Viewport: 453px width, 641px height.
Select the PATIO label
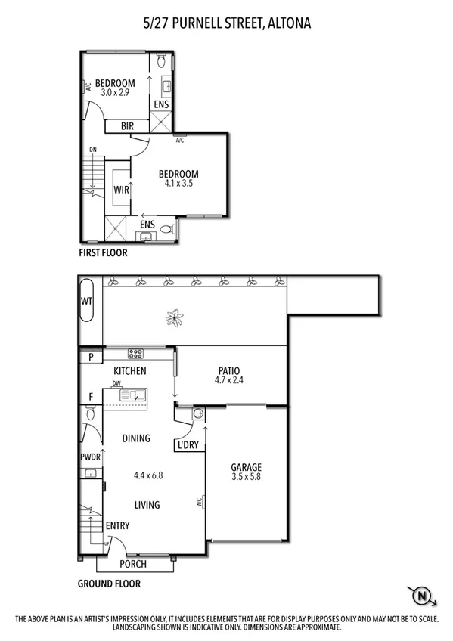228,370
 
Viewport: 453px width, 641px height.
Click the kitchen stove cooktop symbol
136,354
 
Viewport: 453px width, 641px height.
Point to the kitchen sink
137,395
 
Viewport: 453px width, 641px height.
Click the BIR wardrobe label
128,126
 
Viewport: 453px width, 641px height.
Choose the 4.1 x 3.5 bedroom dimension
179,183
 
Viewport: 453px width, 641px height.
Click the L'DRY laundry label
188,445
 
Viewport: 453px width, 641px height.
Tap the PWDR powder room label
90,457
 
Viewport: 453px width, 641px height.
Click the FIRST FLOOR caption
104,253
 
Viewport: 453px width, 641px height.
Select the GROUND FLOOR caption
109,584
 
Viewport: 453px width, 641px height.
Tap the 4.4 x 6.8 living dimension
148,475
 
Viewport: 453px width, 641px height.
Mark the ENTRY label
117,526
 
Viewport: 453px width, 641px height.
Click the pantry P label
91,356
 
